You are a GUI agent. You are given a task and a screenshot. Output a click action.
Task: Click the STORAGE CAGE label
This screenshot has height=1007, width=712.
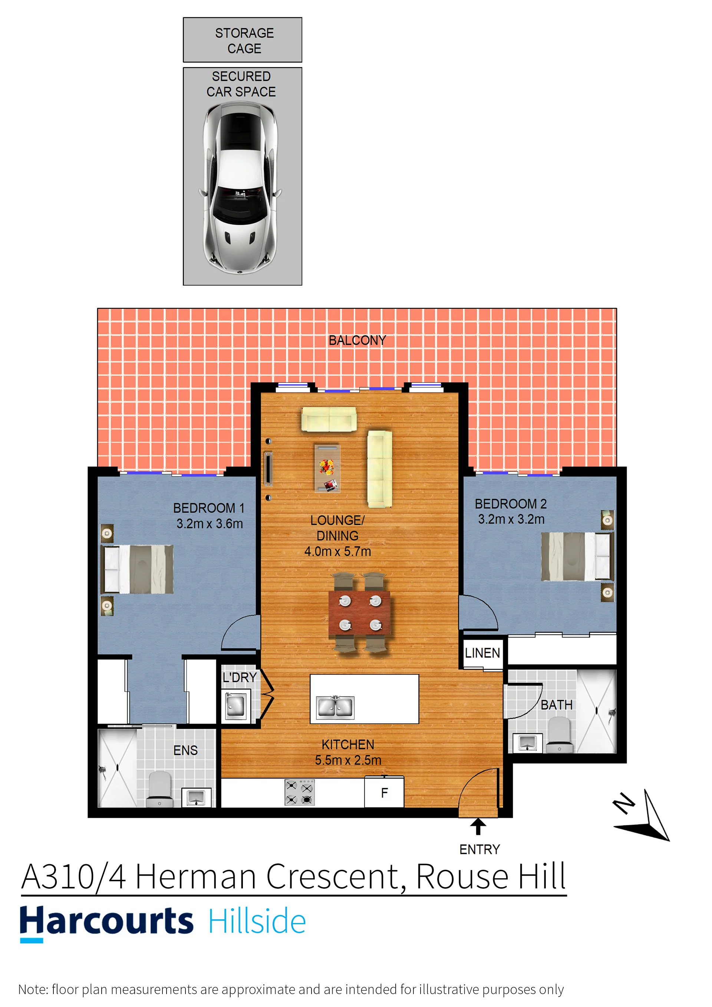click(244, 40)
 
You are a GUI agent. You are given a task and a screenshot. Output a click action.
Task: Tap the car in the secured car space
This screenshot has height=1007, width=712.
click(240, 188)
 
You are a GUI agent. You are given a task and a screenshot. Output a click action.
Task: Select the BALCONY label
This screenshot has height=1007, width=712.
click(357, 340)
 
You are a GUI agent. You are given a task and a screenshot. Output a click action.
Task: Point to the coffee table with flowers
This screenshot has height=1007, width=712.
click(327, 468)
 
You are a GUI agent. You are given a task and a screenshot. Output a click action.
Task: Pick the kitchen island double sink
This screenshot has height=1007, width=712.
click(335, 707)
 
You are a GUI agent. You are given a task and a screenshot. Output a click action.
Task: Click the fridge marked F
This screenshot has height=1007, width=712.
click(384, 792)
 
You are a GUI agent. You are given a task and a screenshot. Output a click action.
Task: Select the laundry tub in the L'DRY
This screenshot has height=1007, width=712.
click(236, 705)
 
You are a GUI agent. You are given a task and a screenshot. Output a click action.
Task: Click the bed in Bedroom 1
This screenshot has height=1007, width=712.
click(137, 569)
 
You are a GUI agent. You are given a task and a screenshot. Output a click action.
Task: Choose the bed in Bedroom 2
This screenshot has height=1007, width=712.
click(577, 556)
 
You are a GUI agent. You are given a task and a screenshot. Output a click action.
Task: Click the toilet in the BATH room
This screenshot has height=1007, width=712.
click(560, 735)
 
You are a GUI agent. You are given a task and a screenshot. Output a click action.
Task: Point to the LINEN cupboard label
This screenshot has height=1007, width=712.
click(482, 653)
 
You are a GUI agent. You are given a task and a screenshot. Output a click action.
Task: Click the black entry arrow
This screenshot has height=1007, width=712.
click(478, 826)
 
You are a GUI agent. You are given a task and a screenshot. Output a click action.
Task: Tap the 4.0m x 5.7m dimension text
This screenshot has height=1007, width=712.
click(337, 551)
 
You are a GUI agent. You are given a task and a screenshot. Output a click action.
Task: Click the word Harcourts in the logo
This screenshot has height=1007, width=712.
click(106, 921)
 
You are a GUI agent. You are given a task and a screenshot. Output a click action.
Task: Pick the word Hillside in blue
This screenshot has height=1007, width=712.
click(257, 921)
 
